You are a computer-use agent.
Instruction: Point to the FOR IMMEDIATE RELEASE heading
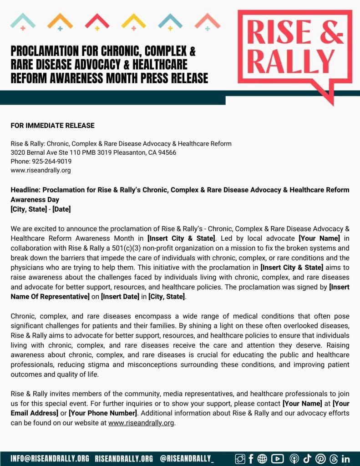pyautogui.click(x=52, y=126)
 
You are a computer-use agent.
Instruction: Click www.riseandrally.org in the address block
pyautogui.click(x=41, y=171)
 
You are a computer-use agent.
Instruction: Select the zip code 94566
pyautogui.click(x=167, y=152)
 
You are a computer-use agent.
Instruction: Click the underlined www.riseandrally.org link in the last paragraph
pyautogui.click(x=141, y=423)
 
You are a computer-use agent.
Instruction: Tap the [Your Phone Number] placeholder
pyautogui.click(x=102, y=413)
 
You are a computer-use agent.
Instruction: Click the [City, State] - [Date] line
pyautogui.click(x=41, y=209)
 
